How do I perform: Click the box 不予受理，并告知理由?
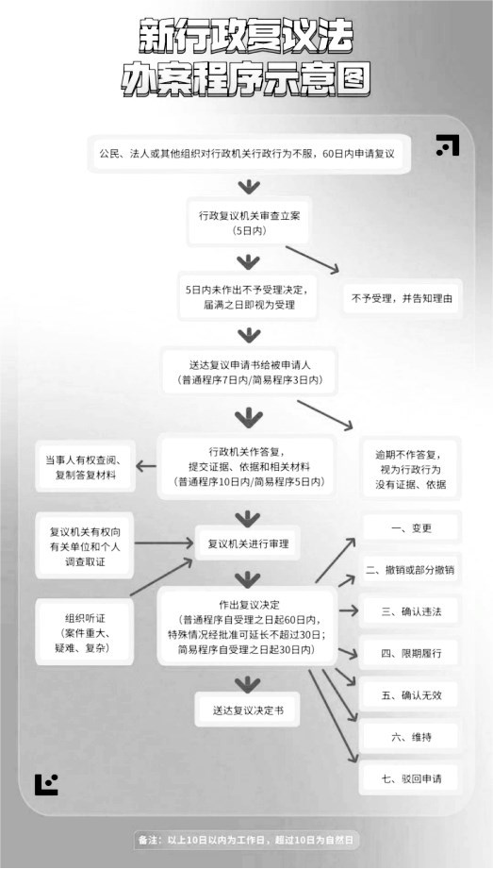click(401, 297)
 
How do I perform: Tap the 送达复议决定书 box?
click(248, 710)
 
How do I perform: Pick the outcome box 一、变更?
click(410, 528)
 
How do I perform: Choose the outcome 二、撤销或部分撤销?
click(410, 570)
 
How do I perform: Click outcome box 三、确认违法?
click(410, 611)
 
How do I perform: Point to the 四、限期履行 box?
click(410, 654)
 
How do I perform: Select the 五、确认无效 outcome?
click(410, 695)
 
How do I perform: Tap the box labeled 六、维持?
click(410, 737)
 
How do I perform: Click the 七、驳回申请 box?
click(410, 778)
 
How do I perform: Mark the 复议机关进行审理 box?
click(248, 543)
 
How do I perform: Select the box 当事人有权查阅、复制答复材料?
click(85, 468)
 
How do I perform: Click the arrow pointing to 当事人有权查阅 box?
click(146, 467)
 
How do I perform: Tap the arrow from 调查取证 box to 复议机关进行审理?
click(164, 543)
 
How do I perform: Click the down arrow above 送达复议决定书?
click(248, 683)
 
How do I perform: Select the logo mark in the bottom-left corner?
click(46, 784)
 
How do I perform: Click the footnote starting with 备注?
click(246, 840)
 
